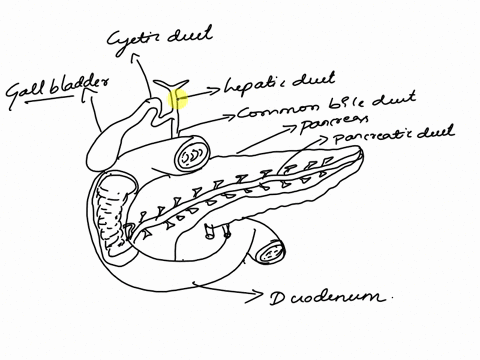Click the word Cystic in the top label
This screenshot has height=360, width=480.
click(135, 39)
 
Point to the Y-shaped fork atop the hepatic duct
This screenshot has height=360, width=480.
click(169, 81)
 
